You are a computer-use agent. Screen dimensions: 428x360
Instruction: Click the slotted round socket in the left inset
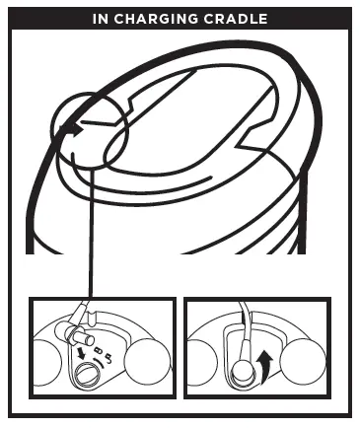tap(85, 375)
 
